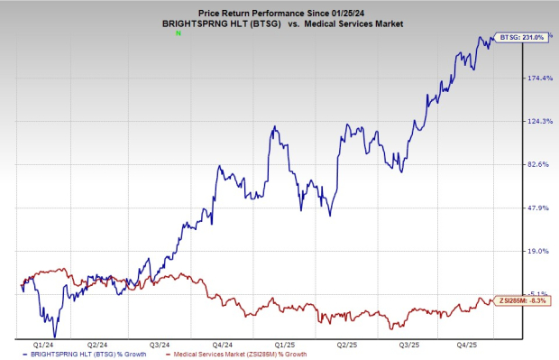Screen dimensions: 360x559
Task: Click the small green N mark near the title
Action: click(x=179, y=32)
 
